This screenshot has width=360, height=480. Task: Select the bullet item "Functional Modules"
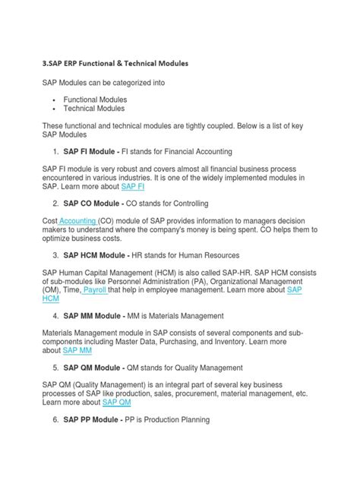click(96, 99)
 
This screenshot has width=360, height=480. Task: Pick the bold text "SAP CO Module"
click(95, 204)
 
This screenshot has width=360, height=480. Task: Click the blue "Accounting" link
click(77, 219)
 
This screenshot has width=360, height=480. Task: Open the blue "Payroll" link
click(115, 289)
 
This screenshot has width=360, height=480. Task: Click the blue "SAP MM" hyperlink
click(77, 351)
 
